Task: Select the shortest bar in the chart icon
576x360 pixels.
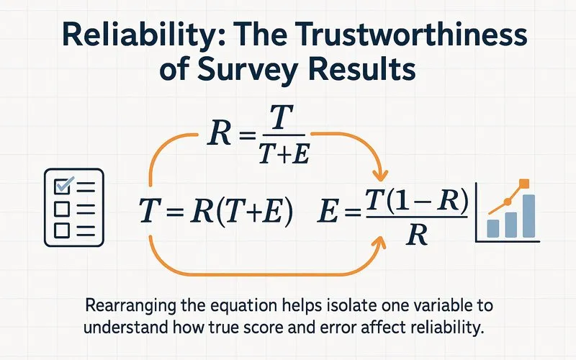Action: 494,228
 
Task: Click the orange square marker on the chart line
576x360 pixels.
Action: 523,184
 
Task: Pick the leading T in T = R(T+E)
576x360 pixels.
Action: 147,211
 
